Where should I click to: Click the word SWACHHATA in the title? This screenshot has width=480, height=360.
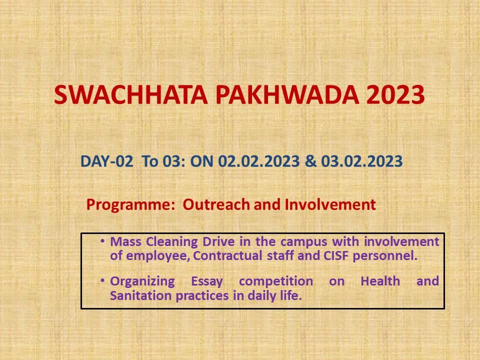click(x=131, y=94)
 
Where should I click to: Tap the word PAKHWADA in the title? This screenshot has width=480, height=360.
click(x=287, y=94)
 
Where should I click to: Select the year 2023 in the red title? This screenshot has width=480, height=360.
click(x=395, y=94)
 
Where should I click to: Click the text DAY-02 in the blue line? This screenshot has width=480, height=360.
click(x=106, y=161)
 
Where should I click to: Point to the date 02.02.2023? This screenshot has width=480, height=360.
click(x=258, y=161)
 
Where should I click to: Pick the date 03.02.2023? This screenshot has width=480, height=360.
click(x=362, y=161)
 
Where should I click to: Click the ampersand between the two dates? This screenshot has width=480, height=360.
click(x=310, y=161)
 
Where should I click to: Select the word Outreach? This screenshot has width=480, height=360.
click(x=216, y=204)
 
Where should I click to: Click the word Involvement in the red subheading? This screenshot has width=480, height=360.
click(x=330, y=204)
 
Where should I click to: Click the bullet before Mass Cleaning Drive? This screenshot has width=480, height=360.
click(x=102, y=241)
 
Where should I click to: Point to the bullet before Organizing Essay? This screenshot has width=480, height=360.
click(x=102, y=280)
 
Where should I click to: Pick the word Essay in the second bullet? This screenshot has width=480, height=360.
click(x=207, y=281)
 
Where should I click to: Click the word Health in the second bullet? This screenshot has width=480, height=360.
click(x=380, y=280)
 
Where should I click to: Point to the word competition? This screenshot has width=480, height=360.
click(x=276, y=281)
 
